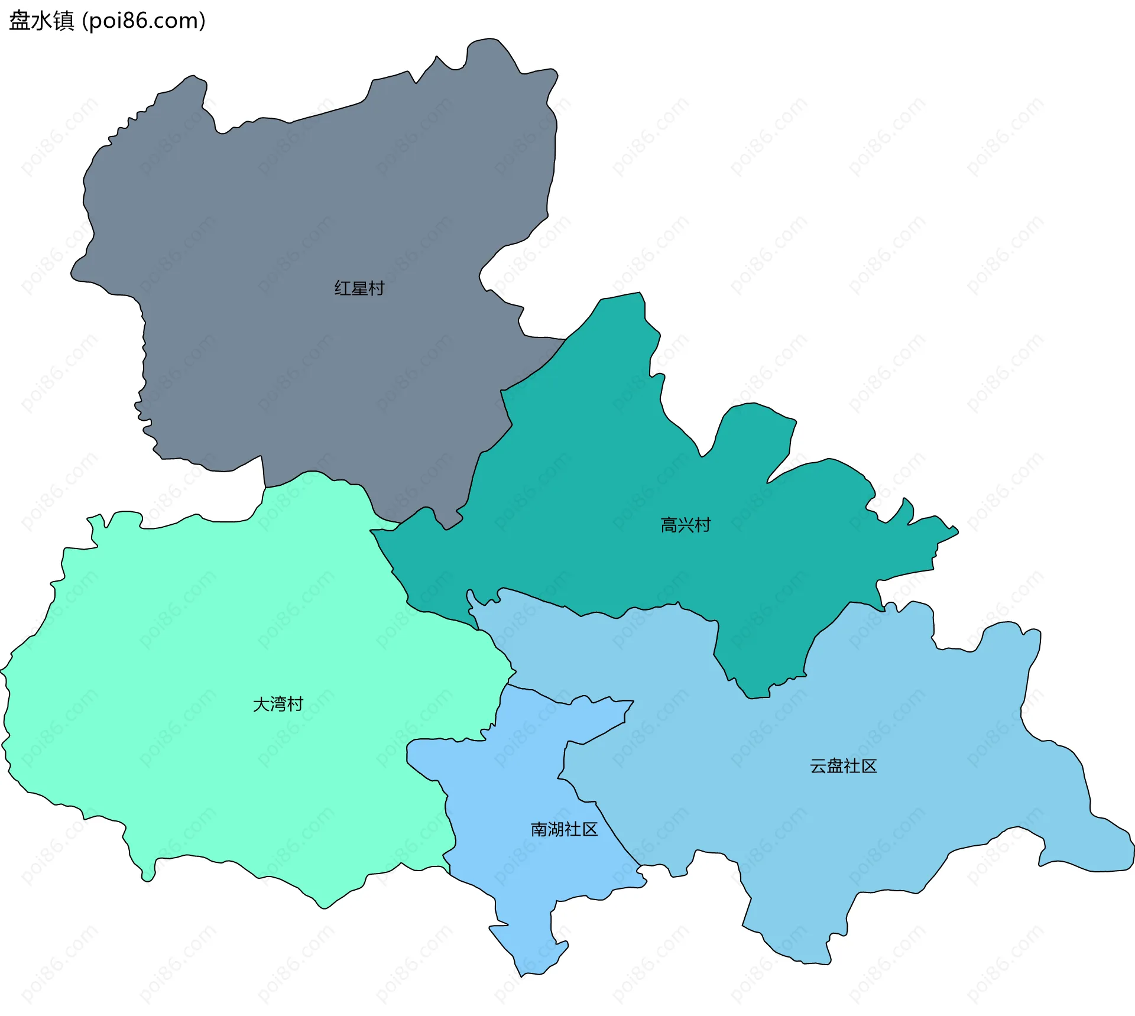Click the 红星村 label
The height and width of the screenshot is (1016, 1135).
tap(359, 288)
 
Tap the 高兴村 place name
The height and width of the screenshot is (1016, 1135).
tap(685, 525)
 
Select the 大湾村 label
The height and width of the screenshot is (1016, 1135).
tap(278, 704)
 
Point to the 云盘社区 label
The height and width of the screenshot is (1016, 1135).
tap(843, 766)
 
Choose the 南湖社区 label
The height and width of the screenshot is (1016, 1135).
tap(564, 829)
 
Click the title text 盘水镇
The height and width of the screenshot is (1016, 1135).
tap(41, 21)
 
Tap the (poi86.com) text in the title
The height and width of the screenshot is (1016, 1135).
tap(144, 21)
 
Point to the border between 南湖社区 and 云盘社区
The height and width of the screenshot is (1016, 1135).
tap(615, 827)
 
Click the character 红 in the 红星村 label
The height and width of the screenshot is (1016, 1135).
tap(343, 288)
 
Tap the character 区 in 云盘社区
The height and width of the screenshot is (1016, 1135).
tap(869, 766)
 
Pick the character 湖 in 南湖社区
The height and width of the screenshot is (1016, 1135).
tap(556, 829)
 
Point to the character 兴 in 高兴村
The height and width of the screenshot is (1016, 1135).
tap(685, 525)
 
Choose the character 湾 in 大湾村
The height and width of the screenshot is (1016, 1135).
tap(278, 704)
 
